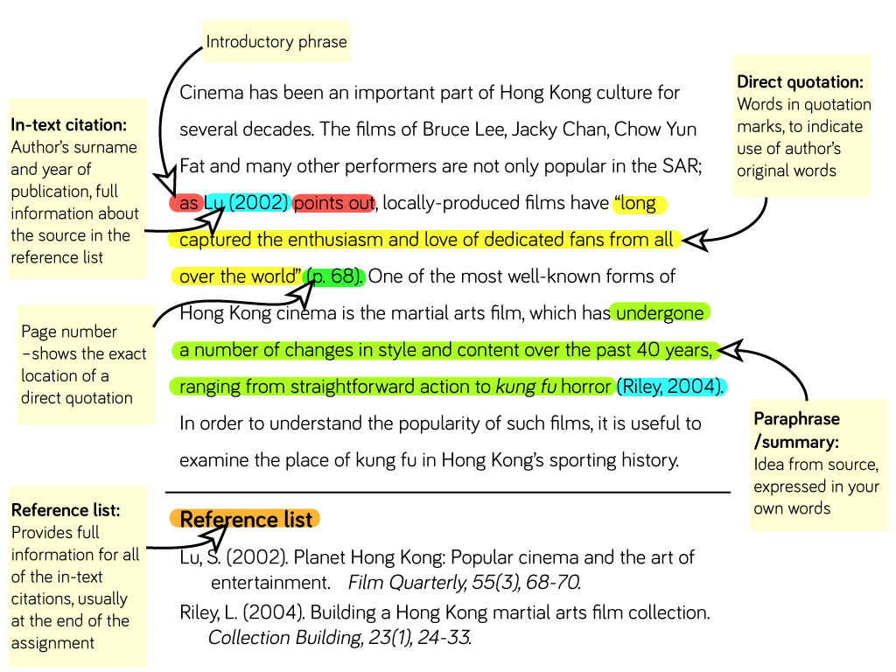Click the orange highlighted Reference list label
tap(246, 520)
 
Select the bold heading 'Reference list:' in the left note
tap(66, 510)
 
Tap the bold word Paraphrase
tap(796, 419)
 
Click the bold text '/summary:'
tap(796, 442)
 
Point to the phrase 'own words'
tap(792, 508)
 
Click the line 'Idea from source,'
tap(815, 465)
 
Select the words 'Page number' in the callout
tap(69, 332)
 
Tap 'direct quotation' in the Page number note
tap(77, 398)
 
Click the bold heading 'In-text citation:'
tap(69, 125)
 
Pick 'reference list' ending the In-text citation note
tap(57, 257)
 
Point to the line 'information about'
tap(74, 213)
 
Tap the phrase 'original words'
tap(786, 171)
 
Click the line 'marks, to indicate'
tap(800, 127)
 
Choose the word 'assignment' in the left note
tap(52, 643)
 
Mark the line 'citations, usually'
tap(70, 599)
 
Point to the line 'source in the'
tap(70, 235)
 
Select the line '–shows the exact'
tap(84, 353)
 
